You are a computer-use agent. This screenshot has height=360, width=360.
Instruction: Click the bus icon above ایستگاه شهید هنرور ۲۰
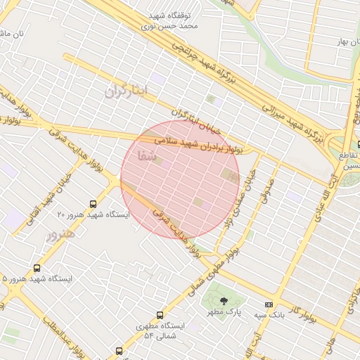coord(94,204)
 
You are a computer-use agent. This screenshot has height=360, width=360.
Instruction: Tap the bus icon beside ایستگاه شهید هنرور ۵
coord(37,268)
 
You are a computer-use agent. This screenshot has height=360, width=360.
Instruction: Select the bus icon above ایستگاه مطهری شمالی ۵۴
coord(160,316)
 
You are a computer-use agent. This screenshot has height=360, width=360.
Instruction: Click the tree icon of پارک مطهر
coord(224,301)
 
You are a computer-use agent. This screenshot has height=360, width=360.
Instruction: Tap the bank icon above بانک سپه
coord(269,304)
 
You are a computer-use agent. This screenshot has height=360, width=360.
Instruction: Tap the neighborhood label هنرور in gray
coord(60,234)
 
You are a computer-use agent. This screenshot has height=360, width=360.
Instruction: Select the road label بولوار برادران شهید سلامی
coord(203,139)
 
